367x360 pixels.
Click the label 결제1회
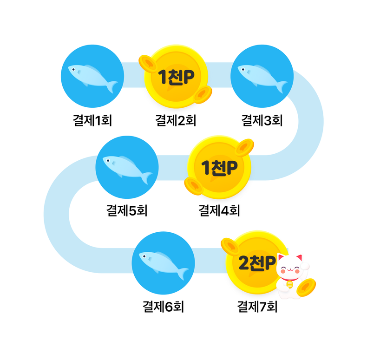tap(92, 120)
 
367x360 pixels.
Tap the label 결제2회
tap(176, 120)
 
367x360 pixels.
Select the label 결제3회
tap(262, 120)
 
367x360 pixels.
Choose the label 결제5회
tap(127, 210)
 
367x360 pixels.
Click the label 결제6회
tap(163, 307)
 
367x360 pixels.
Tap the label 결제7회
tap(257, 307)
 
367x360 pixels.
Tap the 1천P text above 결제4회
tap(219, 168)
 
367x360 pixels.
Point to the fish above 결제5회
tap(127, 168)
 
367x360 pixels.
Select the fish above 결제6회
tap(163, 264)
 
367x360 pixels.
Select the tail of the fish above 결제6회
tap(183, 273)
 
